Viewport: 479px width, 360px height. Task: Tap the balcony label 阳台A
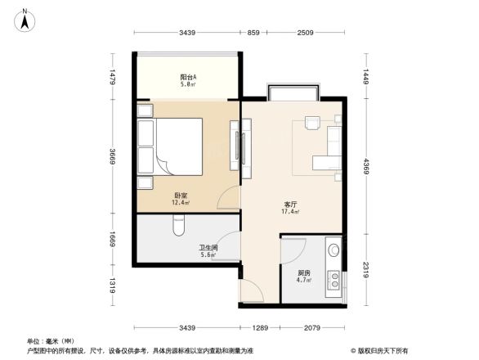click(x=187, y=77)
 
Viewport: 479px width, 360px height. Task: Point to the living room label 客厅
click(x=290, y=204)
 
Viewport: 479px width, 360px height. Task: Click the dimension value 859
click(x=253, y=33)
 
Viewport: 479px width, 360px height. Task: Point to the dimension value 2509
click(x=305, y=33)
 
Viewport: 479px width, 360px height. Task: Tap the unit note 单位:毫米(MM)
click(x=48, y=341)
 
